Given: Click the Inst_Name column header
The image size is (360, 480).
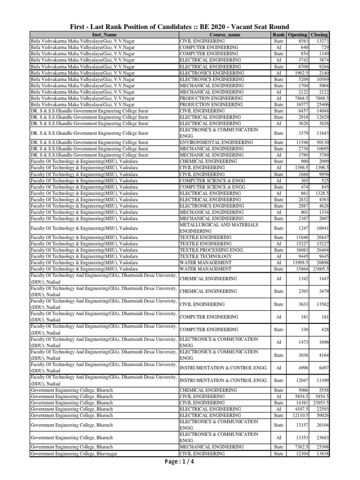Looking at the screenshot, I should (x=104, y=35).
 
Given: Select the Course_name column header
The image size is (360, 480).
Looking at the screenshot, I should (x=225, y=35).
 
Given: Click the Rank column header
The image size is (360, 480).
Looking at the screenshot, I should (x=278, y=35).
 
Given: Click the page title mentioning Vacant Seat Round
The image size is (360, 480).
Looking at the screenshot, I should (x=180, y=27).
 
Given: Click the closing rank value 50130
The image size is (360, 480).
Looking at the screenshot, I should (x=322, y=142).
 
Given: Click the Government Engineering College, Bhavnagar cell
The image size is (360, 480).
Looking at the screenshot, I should (x=74, y=454).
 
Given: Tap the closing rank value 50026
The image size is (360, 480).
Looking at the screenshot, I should (x=322, y=415).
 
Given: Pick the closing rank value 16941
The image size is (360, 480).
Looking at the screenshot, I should (x=322, y=228).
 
